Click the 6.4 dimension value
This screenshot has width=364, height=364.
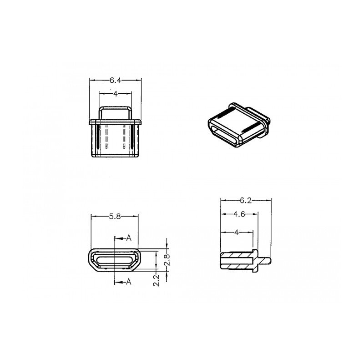(116, 81)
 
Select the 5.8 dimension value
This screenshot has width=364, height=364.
(115, 217)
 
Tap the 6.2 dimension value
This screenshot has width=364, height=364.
(246, 200)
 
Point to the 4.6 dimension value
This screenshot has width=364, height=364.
(239, 214)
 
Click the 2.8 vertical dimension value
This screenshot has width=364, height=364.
(167, 260)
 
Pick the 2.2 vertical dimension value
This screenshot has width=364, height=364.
(157, 280)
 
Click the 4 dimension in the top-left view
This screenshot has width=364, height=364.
(116, 94)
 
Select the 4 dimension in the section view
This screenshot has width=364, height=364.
(237, 232)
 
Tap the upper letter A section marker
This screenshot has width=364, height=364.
(129, 238)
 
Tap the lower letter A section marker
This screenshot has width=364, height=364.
(129, 282)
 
